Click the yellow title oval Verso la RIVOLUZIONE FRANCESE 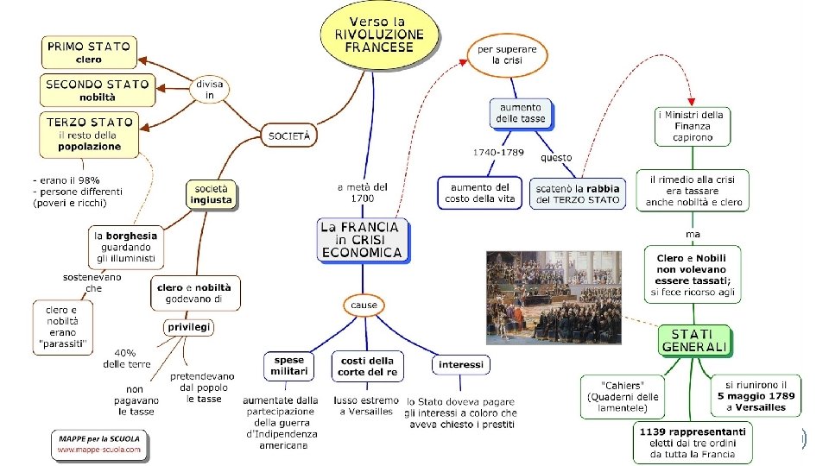tap(379, 35)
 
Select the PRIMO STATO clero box tap(89, 53)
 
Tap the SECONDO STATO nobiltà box tap(98, 91)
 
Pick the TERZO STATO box tap(90, 134)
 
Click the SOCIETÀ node tap(288, 135)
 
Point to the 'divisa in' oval tap(210, 90)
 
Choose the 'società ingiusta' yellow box tap(212, 193)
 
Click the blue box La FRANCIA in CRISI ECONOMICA tap(362, 240)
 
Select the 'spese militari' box tap(289, 366)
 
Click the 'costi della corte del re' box tap(368, 366)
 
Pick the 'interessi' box tap(460, 364)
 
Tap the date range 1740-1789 tap(498, 153)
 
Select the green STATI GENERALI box tap(695, 340)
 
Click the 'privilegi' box tap(189, 327)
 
